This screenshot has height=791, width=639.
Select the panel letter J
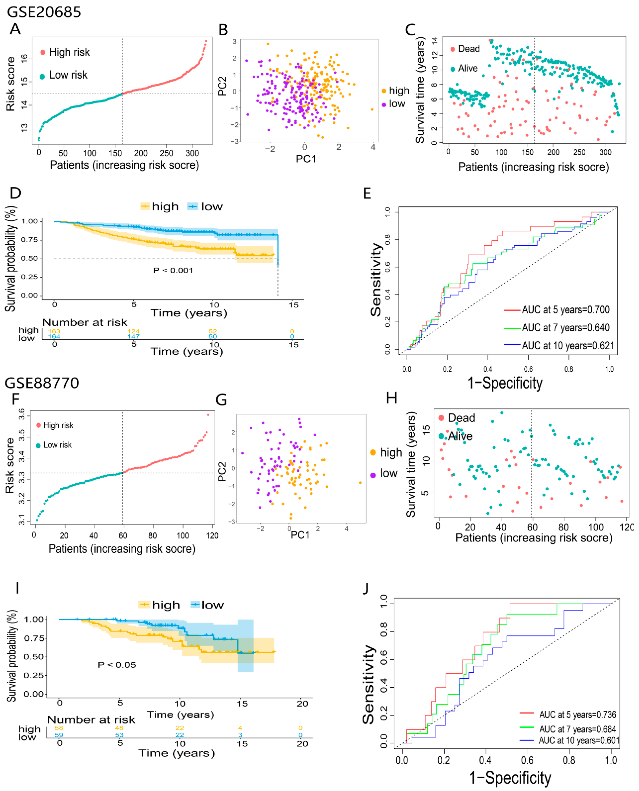pyautogui.click(x=365, y=588)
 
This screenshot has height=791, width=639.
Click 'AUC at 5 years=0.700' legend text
pyautogui.click(x=565, y=310)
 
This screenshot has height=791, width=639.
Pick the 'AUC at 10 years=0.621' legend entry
pyautogui.click(x=568, y=346)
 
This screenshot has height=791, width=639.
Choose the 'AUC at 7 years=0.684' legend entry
pyautogui.click(x=577, y=729)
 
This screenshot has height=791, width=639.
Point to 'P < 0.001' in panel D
pyautogui.click(x=173, y=271)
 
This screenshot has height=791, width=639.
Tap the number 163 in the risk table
pyautogui.click(x=54, y=331)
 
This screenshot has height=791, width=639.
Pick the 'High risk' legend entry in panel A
pyautogui.click(x=69, y=52)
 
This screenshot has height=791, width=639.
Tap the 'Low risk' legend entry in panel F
pyautogui.click(x=57, y=445)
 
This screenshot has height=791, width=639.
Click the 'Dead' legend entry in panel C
pyautogui.click(x=468, y=49)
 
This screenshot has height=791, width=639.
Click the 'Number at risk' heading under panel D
pyautogui.click(x=85, y=322)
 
